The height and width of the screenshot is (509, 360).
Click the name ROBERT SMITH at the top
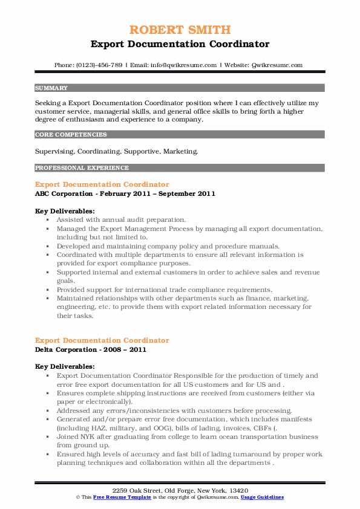[x=180, y=31]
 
